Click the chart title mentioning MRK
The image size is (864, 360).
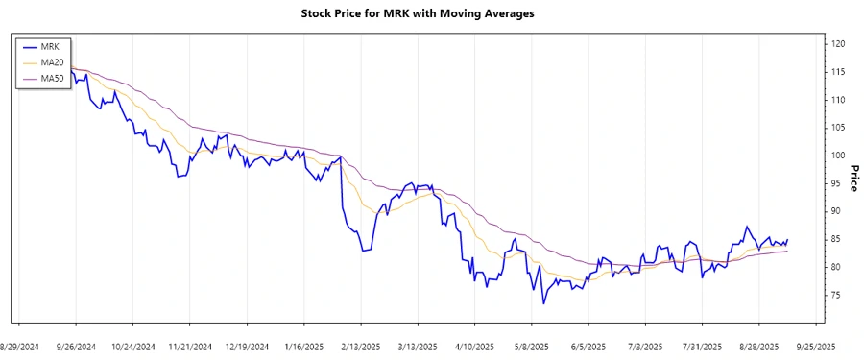tap(431, 13)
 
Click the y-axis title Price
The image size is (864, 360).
tap(854, 178)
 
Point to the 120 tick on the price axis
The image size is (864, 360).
tap(838, 44)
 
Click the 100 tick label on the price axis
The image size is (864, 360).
tap(838, 156)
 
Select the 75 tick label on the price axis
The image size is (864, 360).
tap(836, 295)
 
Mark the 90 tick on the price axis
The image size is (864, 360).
tap(836, 211)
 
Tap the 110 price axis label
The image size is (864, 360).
tap(838, 100)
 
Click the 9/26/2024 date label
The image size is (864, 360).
tap(75, 346)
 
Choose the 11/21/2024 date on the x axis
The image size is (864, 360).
tap(189, 346)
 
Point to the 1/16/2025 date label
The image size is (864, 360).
tap(303, 346)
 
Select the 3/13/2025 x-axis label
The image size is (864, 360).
tap(418, 346)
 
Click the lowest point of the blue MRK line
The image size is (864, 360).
tap(543, 304)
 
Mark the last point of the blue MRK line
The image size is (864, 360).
tap(788, 240)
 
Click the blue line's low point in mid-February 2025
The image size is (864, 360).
tap(363, 252)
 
